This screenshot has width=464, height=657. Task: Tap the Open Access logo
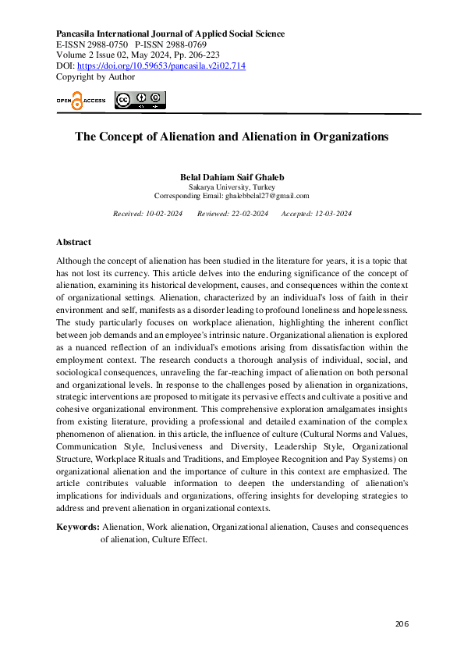80,101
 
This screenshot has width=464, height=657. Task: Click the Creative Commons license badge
140,100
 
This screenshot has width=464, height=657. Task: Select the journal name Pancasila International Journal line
170,34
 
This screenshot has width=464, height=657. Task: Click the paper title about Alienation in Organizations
232,137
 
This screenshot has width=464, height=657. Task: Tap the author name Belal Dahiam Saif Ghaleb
232,177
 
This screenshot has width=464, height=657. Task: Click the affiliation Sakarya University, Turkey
232,187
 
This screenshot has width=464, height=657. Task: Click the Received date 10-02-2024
162,214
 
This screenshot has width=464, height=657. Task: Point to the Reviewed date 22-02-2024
250,214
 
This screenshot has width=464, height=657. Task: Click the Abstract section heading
73,243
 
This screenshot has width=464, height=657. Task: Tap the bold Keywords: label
77,527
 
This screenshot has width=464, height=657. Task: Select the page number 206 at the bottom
402,623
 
